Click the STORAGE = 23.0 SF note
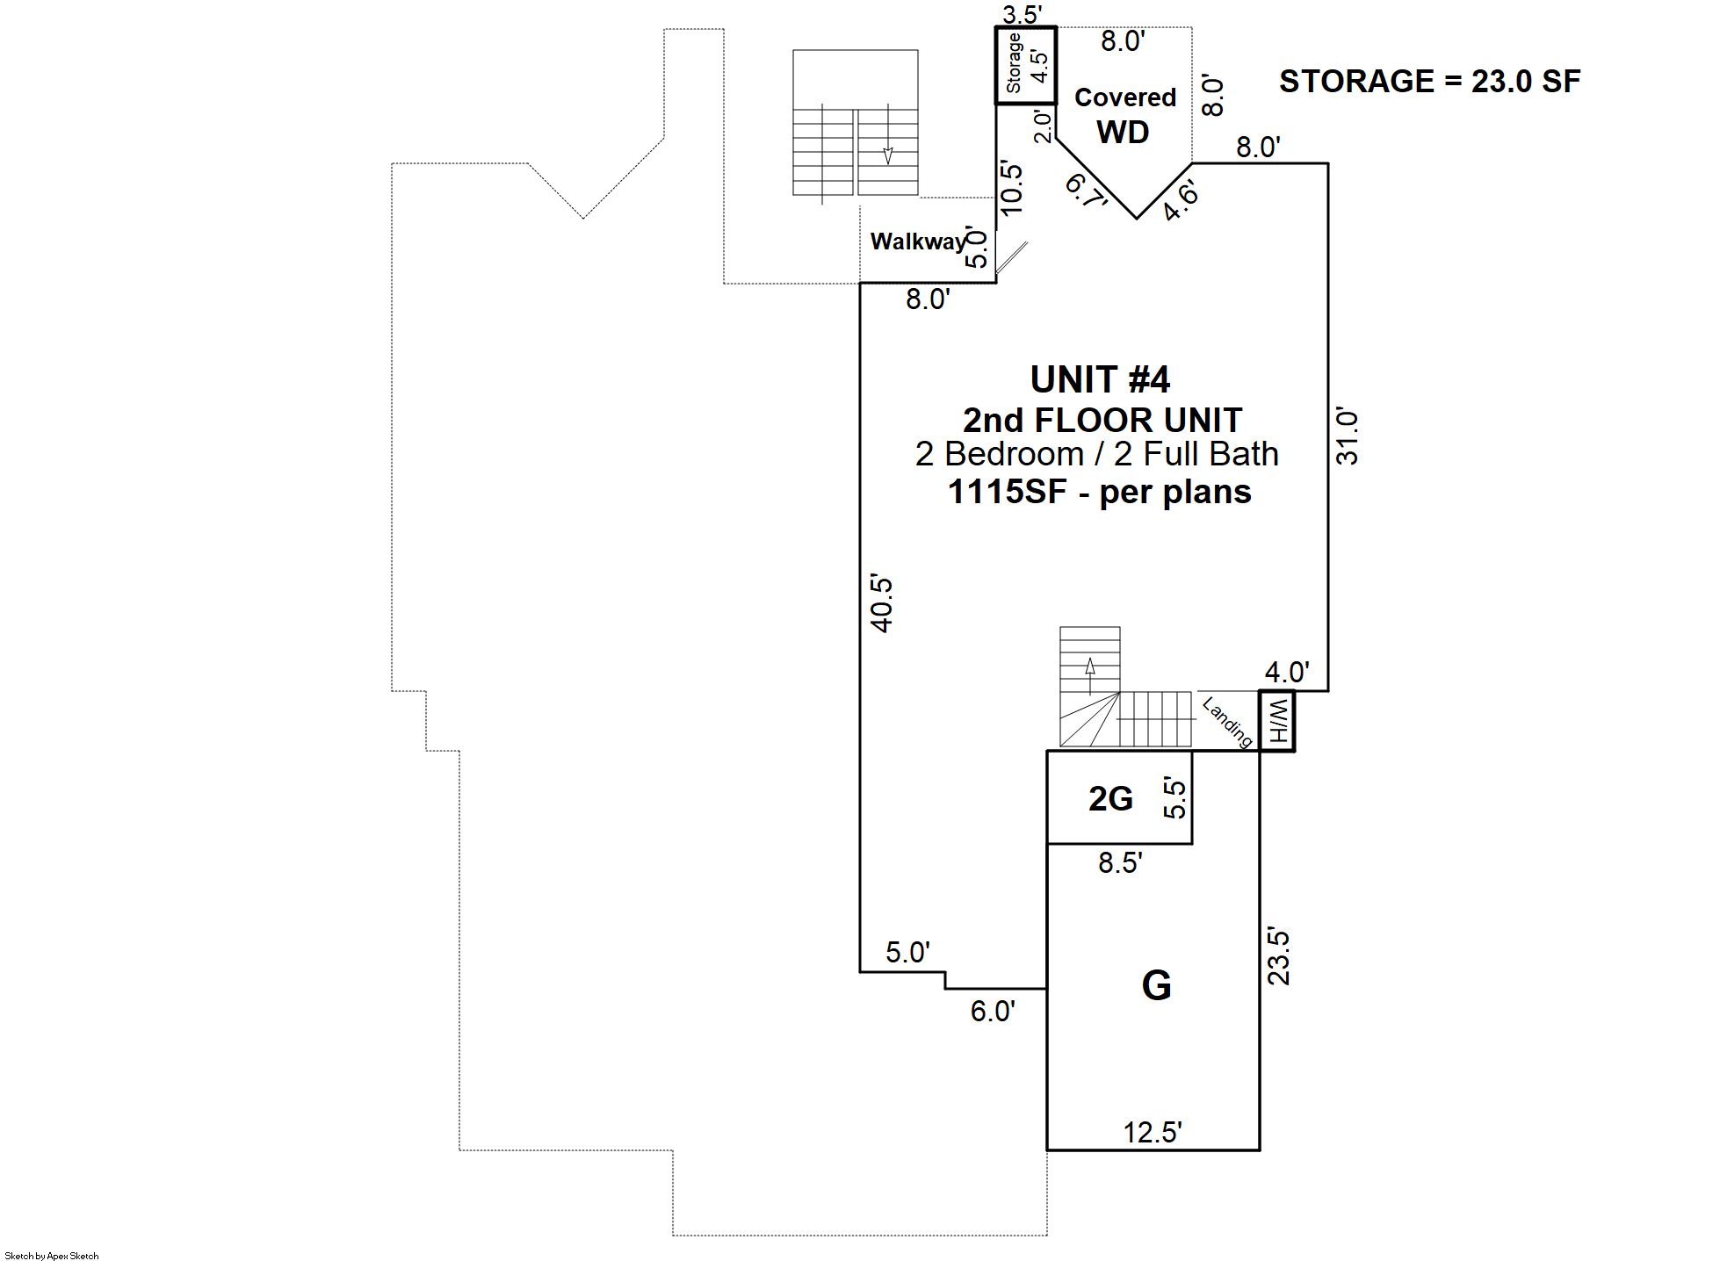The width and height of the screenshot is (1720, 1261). [x=1429, y=82]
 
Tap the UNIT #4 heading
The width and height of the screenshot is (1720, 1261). [x=1100, y=379]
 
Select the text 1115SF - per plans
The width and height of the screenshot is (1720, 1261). [x=1100, y=492]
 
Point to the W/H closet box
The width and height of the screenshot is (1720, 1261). [x=1277, y=721]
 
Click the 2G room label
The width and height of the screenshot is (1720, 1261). [x=1110, y=798]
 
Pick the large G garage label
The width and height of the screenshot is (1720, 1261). [x=1156, y=985]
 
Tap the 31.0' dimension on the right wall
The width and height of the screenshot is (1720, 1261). [x=1347, y=436]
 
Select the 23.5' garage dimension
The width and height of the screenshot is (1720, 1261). [x=1279, y=957]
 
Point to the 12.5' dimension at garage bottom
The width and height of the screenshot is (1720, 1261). [x=1153, y=1133]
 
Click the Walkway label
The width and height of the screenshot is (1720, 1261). [x=917, y=241]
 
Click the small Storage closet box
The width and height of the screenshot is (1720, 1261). [x=1025, y=66]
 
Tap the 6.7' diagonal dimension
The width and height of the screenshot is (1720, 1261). [x=1086, y=191]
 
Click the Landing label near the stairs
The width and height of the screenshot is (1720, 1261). [x=1227, y=722]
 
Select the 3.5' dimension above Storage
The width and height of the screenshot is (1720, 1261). [x=1023, y=14]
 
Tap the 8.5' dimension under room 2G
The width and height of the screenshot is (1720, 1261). [x=1120, y=863]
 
